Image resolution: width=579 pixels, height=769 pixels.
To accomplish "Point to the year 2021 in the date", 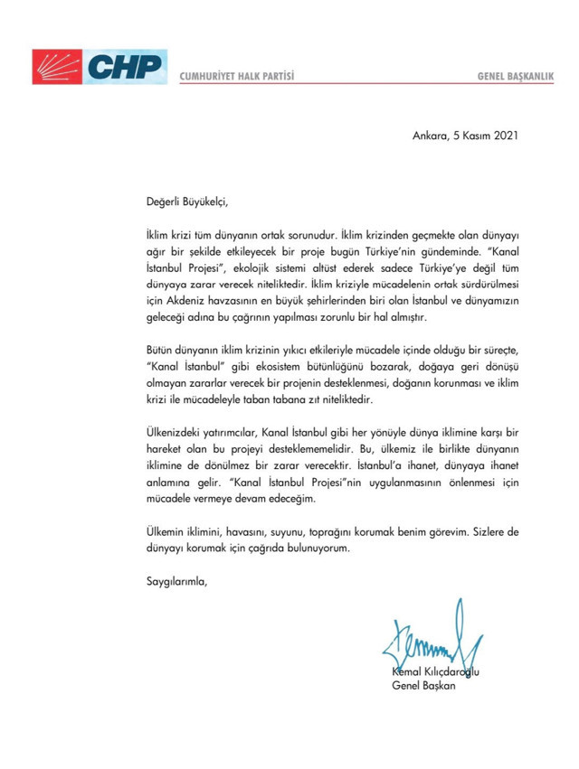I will coord(507,137).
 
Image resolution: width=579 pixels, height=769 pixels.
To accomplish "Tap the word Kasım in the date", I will coord(470,137).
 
